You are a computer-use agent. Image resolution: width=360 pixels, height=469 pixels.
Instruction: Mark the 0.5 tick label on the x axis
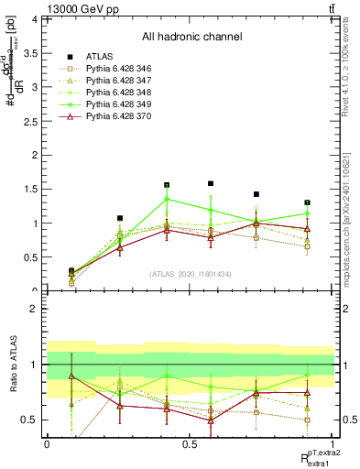click(x=190, y=444)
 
